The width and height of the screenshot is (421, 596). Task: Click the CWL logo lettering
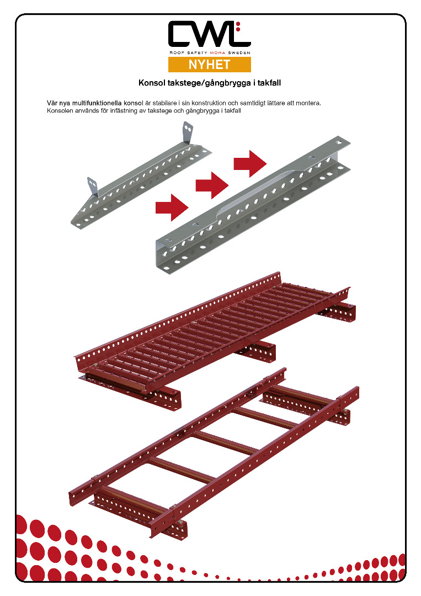pos(209,34)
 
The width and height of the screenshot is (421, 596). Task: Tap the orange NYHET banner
pos(209,65)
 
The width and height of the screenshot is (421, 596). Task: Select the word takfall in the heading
pos(269,83)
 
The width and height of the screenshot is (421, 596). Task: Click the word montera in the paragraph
pos(310,103)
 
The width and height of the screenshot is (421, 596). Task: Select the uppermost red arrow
pos(250,164)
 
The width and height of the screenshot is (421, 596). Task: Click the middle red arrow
pos(212,185)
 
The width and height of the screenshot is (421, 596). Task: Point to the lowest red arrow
pos(172,207)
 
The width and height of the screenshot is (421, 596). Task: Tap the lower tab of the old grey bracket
pos(93,187)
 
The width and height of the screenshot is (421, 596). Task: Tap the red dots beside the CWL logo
pos(238,26)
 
